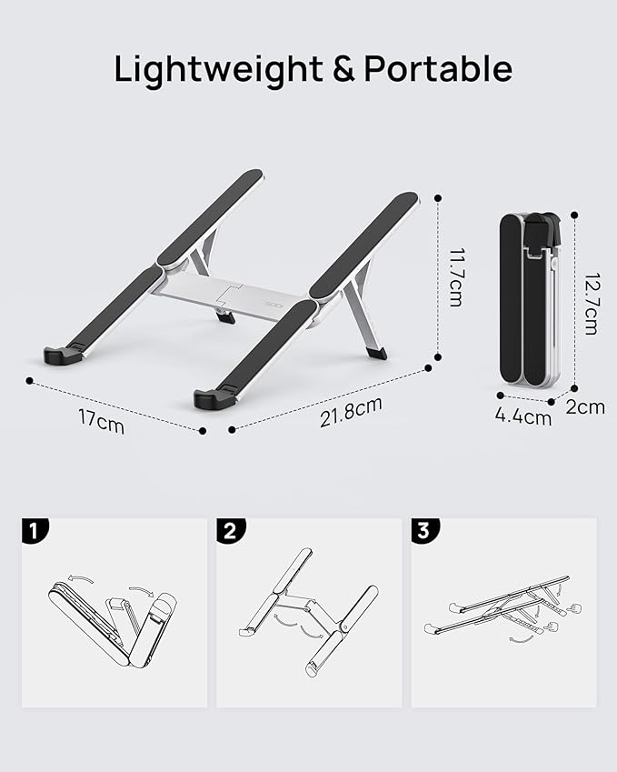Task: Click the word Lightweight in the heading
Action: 217,69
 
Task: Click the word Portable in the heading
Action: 438,69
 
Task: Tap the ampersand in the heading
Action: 343,70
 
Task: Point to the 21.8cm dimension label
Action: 351,412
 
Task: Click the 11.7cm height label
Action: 454,277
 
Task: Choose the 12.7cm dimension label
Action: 590,305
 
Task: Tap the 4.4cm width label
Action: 523,417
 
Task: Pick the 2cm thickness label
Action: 584,407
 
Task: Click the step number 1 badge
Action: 33,531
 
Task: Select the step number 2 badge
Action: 228,531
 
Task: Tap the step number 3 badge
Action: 423,531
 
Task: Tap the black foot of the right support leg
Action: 376,352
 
